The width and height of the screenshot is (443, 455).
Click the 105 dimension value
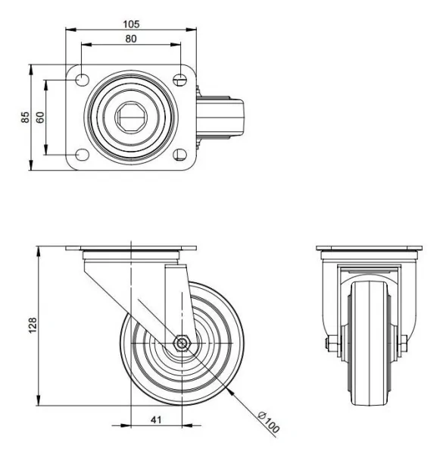pos(131,24)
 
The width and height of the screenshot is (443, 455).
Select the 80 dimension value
pos(131,38)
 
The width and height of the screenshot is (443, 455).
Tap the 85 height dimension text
pos(24,118)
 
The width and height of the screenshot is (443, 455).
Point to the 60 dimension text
pos(39,118)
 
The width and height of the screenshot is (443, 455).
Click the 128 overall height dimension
pos(30,325)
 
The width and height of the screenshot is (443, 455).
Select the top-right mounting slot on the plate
pos(180,78)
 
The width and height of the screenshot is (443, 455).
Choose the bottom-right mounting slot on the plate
pos(180,155)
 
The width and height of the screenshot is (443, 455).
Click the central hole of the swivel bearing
pos(132,118)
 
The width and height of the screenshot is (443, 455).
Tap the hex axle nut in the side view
pos(182,343)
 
